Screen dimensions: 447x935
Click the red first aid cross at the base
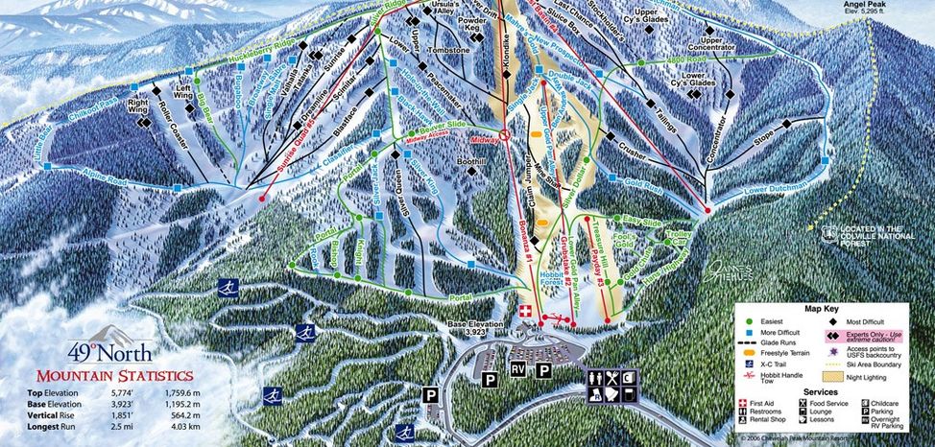(x=524, y=313)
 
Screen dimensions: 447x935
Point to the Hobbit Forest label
(x=527, y=279)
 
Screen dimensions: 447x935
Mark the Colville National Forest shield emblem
(x=828, y=232)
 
